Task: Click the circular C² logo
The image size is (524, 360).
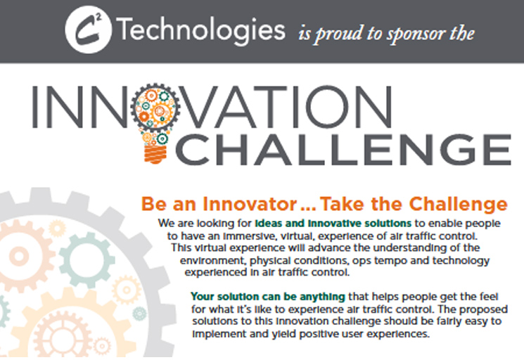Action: (88, 30)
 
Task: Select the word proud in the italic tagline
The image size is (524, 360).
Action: (338, 34)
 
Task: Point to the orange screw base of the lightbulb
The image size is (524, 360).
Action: (155, 154)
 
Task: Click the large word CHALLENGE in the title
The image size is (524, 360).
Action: (343, 149)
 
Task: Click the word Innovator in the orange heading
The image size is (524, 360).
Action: (250, 204)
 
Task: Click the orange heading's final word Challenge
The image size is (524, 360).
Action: (458, 204)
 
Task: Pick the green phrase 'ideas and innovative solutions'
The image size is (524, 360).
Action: (333, 223)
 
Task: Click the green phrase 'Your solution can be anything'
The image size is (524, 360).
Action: (268, 297)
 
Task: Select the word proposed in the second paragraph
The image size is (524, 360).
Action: (483, 309)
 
